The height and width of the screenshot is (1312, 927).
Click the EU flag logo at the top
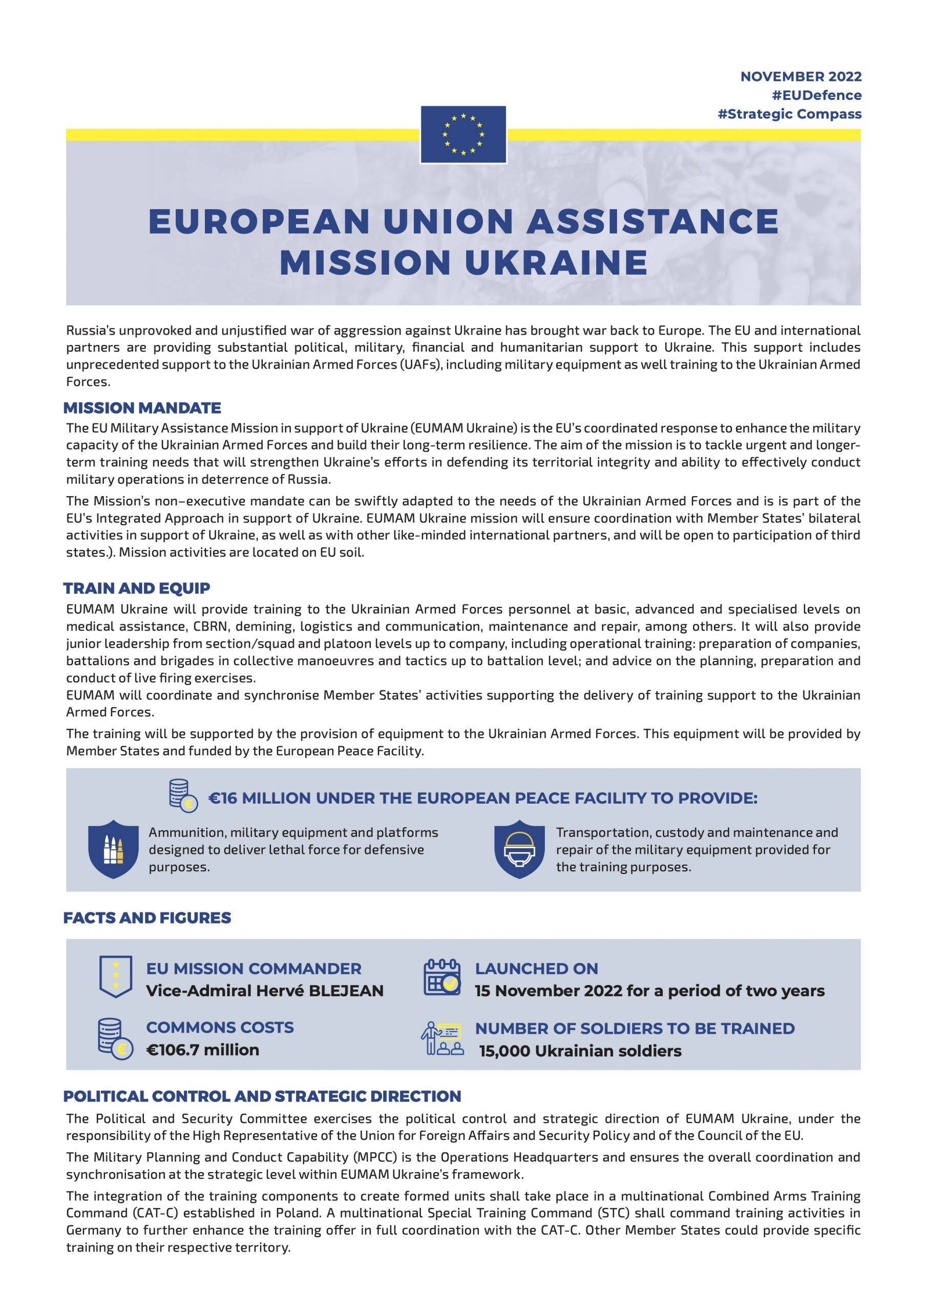(x=462, y=134)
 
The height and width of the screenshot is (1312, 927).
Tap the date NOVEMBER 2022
(x=801, y=76)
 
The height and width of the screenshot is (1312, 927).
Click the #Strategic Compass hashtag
(x=789, y=114)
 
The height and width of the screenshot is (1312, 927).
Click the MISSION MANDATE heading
(x=142, y=408)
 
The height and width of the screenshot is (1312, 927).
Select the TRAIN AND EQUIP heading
(x=137, y=588)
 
